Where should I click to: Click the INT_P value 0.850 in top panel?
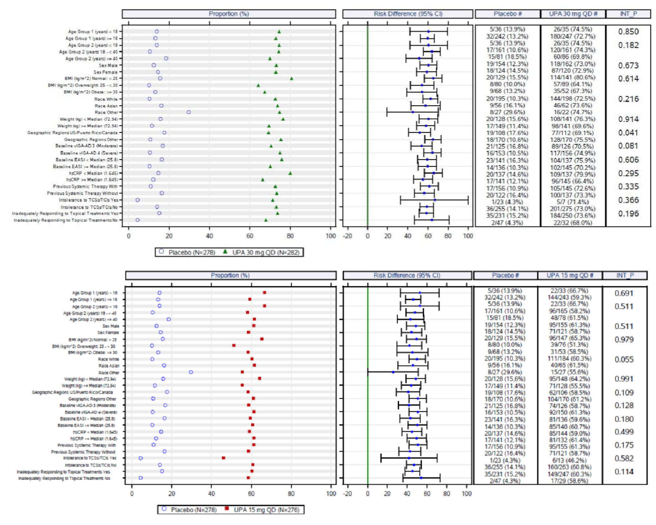pyautogui.click(x=628, y=32)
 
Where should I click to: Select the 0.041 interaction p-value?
pyautogui.click(x=628, y=133)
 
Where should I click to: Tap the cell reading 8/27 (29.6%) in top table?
pyautogui.click(x=507, y=112)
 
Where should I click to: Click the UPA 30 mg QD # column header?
pyautogui.click(x=573, y=14)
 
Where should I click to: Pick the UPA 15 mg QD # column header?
pyautogui.click(x=570, y=275)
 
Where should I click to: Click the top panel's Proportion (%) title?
pyautogui.click(x=229, y=14)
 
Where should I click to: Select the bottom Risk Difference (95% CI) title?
pyautogui.click(x=407, y=275)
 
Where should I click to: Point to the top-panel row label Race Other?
pyautogui.click(x=107, y=112)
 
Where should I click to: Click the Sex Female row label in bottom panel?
pyautogui.click(x=108, y=332)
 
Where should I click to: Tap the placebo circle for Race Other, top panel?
pyautogui.click(x=188, y=112)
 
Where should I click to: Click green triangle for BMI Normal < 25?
pyautogui.click(x=291, y=78)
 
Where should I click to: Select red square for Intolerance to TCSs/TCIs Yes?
pyautogui.click(x=223, y=458)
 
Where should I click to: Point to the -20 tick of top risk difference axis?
pyautogui.click(x=348, y=236)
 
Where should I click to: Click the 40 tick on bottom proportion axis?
pyautogui.click(x=211, y=494)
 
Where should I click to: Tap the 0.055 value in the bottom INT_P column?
pyautogui.click(x=624, y=359)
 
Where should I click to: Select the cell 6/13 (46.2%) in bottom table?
pyautogui.click(x=569, y=460)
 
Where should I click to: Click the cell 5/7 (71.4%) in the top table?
pyautogui.click(x=573, y=202)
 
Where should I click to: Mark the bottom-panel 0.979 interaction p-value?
pyautogui.click(x=624, y=339)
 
